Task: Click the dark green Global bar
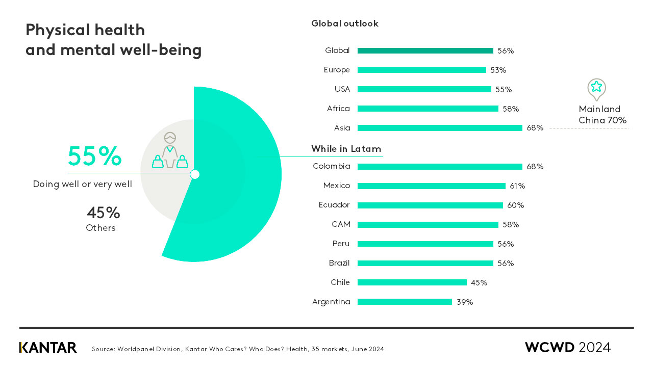425,50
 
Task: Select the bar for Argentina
405,302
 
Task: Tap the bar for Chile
412,282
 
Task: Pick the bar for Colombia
440,167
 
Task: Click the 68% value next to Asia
535,128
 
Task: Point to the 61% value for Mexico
517,186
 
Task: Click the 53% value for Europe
498,70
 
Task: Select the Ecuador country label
334,205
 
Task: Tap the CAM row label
340,224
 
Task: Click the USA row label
342,89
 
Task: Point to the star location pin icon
596,89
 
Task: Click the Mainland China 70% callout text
602,115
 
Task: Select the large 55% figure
94,156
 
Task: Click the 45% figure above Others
103,213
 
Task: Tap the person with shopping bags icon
170,151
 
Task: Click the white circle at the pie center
194,174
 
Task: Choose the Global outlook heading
345,23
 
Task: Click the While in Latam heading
346,149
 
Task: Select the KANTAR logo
48,348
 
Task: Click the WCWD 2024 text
567,348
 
